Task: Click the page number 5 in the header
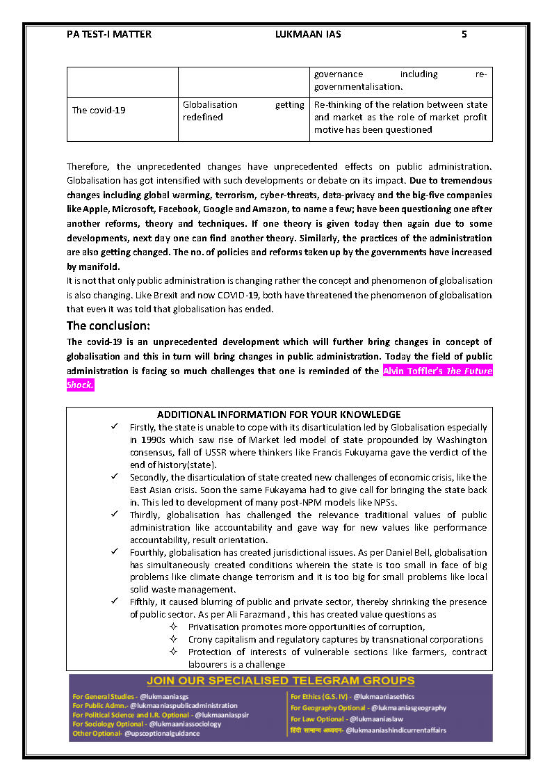click(x=464, y=34)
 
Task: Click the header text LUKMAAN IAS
click(x=308, y=34)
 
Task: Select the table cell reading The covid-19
click(x=99, y=111)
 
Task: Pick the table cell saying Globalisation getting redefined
click(x=243, y=111)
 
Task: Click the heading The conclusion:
click(x=108, y=325)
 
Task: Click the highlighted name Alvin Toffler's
click(x=413, y=371)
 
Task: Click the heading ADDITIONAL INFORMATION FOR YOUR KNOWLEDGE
click(x=279, y=414)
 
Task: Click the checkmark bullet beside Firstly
click(x=115, y=426)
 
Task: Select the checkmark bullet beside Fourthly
click(x=115, y=551)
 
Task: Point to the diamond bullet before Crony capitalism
click(x=174, y=639)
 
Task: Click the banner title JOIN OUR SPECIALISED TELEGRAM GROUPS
click(x=280, y=681)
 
